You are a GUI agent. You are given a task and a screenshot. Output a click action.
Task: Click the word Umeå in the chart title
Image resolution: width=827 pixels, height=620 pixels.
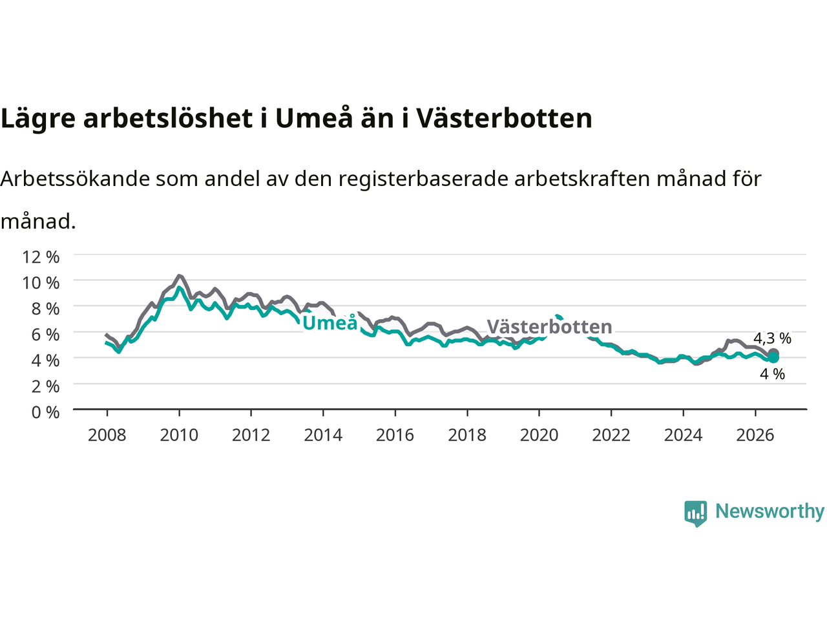coord(314,118)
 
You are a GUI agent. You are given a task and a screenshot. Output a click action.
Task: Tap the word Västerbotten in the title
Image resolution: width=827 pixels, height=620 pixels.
coord(504,118)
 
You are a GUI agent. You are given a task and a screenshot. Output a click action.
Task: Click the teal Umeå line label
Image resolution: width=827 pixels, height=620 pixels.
coord(330,323)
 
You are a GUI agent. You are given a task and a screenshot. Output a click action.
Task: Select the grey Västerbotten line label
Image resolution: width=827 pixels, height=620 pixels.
coord(549,326)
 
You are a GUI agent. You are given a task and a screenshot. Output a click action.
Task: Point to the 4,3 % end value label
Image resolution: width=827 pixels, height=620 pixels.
coord(772,338)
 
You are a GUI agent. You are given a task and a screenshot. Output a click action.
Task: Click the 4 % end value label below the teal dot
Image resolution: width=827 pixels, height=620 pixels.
coord(772,374)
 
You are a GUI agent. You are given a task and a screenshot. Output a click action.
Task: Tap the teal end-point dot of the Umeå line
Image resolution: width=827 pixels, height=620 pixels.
coord(773,358)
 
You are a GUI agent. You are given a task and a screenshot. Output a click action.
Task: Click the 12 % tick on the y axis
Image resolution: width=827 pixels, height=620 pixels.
coord(41,257)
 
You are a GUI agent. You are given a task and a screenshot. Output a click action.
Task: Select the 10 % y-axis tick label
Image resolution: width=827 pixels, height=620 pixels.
coord(41,283)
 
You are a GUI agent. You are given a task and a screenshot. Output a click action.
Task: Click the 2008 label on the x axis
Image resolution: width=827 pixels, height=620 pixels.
coord(107,435)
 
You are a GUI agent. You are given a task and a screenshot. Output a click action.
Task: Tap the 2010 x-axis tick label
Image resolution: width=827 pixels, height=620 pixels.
coord(179,435)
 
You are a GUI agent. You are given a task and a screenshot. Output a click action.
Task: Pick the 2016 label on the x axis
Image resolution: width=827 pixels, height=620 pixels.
coord(395,435)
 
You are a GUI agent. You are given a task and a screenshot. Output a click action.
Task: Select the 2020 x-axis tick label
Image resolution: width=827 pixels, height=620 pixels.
coord(539,435)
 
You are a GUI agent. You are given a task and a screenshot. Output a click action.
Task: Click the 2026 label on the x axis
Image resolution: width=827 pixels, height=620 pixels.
coord(755,435)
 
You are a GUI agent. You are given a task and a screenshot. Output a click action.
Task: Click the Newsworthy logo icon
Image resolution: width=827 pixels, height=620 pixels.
coord(695,513)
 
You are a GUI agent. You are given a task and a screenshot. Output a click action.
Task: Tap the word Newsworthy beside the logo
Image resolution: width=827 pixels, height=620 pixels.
coord(769,512)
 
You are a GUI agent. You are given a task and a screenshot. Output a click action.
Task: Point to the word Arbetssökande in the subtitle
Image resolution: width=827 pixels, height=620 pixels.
coord(75,179)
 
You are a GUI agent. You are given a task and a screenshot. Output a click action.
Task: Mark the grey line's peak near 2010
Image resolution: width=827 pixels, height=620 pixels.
coord(180,276)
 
